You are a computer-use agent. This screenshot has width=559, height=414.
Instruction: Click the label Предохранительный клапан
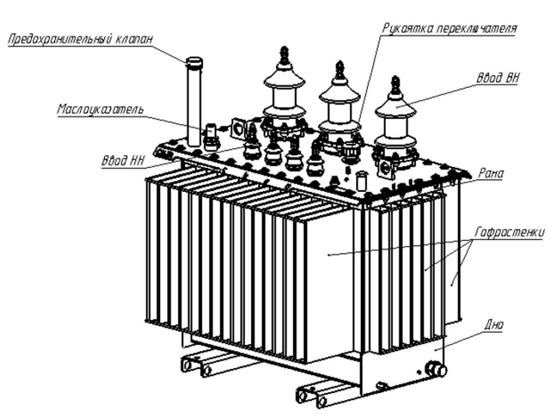point(80,39)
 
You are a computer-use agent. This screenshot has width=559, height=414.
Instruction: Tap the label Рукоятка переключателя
point(450,29)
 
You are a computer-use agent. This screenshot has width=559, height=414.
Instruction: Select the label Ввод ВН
point(498,78)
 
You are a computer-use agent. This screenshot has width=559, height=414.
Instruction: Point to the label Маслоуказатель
point(100,109)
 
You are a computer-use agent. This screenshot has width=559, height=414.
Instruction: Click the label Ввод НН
point(123,161)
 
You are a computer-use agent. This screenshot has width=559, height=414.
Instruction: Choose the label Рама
point(491,174)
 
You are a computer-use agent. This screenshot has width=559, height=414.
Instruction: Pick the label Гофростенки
point(510,233)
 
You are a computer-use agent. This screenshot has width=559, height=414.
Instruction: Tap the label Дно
point(494,325)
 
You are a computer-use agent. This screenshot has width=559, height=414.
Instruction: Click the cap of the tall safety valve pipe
point(195,62)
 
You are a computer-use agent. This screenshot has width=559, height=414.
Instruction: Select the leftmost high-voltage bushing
point(284,93)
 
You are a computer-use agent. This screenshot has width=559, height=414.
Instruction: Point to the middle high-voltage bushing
point(339,107)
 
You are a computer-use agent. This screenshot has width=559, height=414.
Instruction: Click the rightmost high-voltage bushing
point(395,121)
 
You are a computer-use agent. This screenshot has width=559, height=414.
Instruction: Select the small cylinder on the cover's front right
point(362,180)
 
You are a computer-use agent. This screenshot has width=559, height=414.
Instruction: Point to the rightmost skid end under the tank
point(322,401)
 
